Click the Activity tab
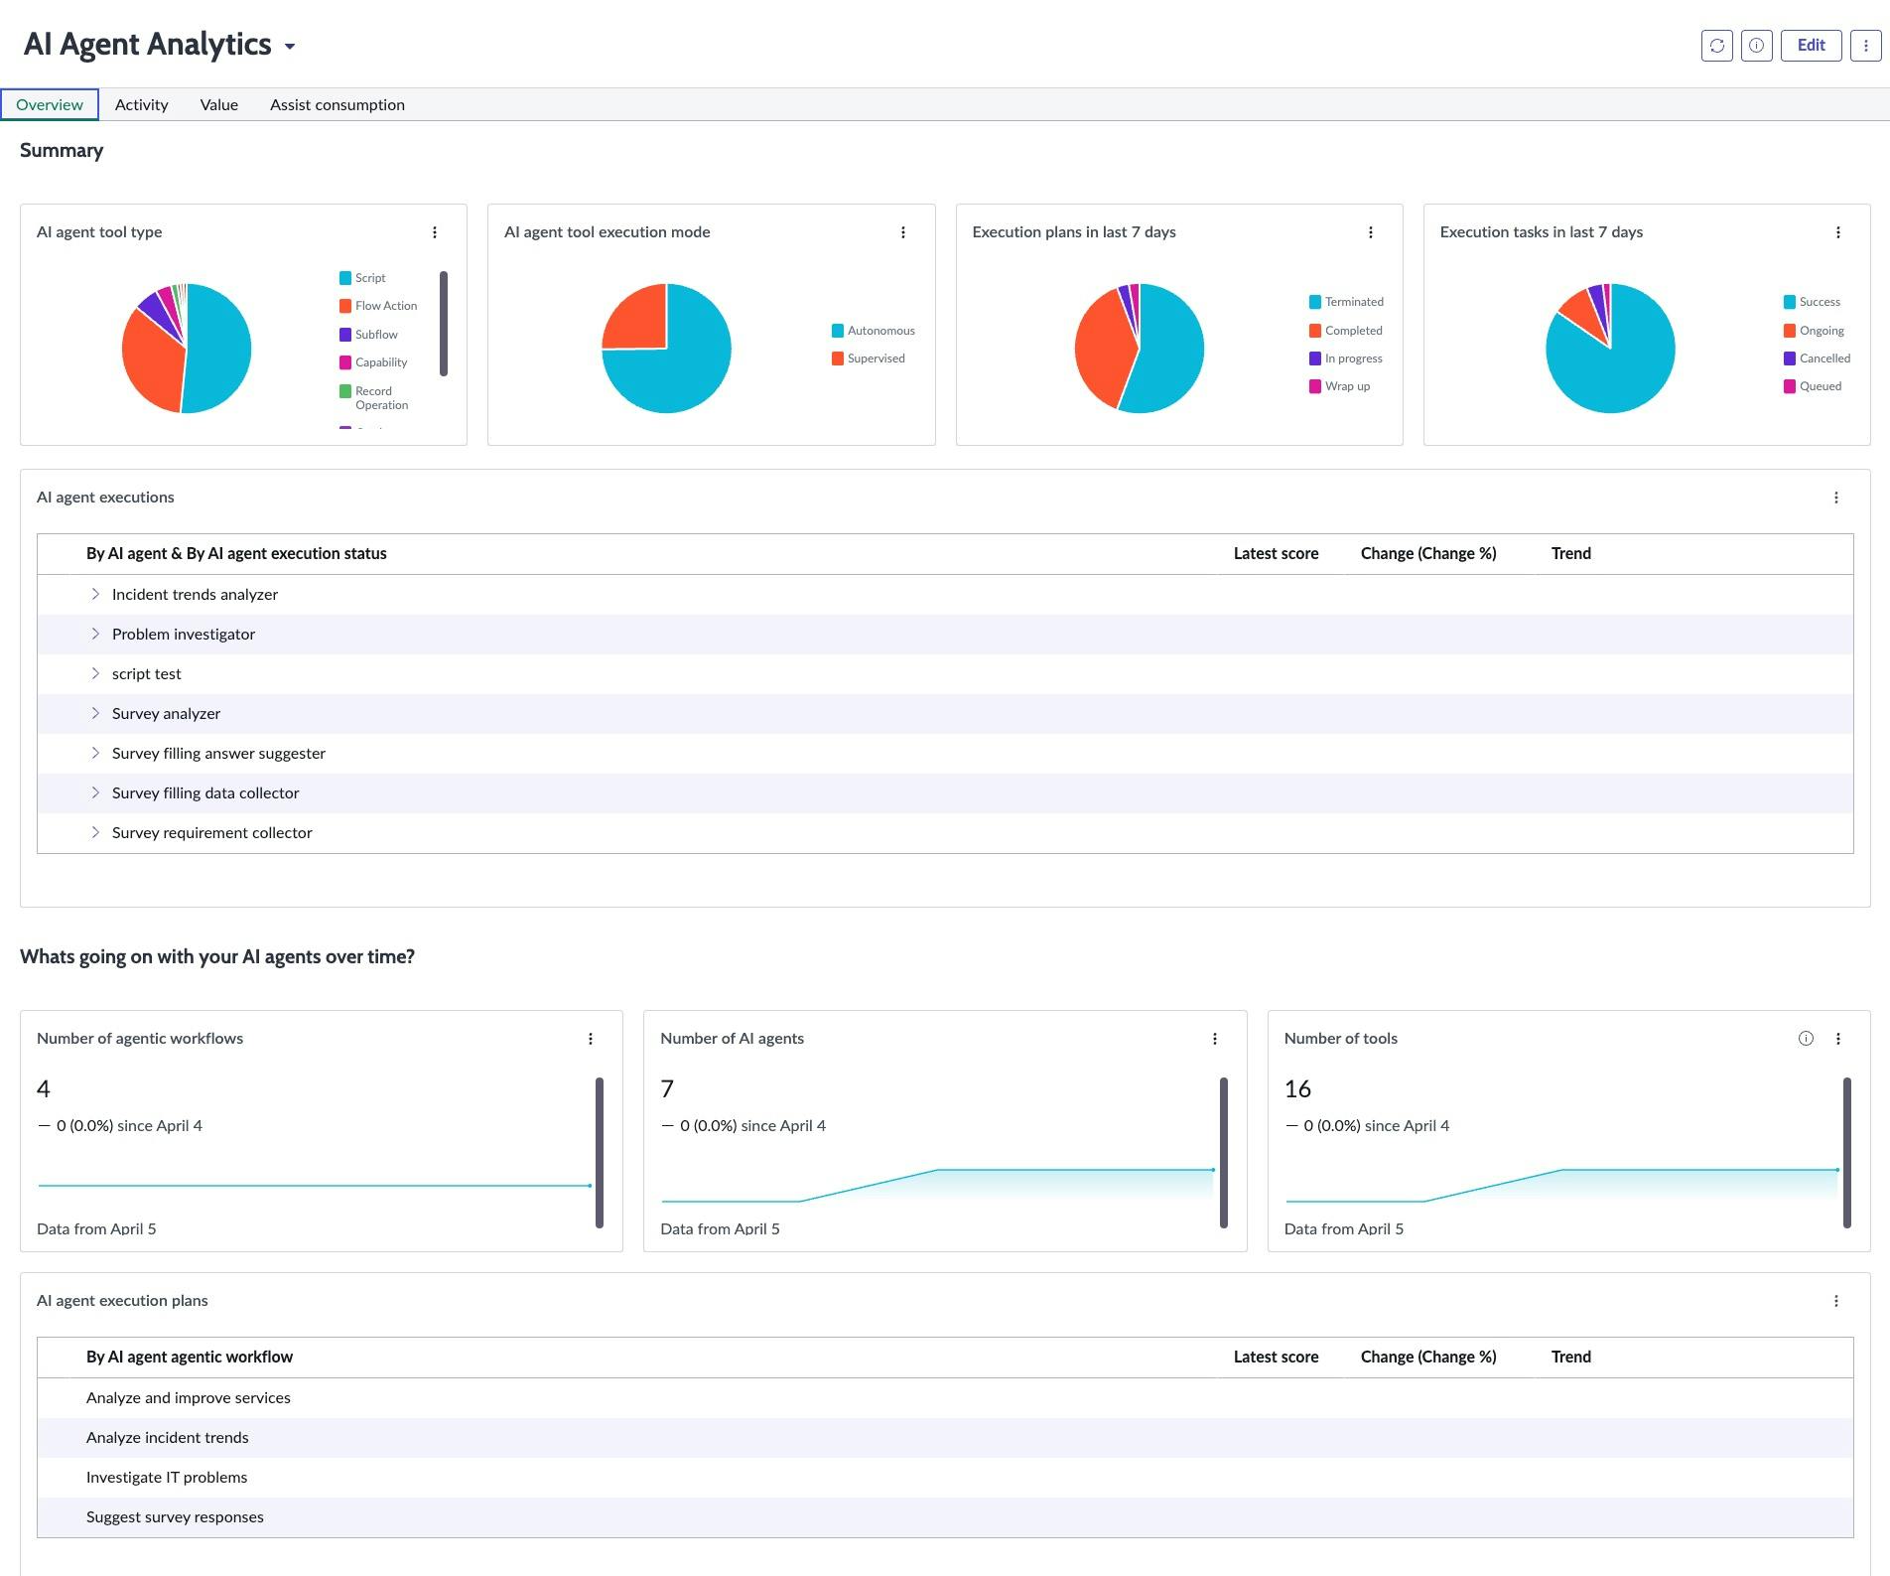pos(141,104)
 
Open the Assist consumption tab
pos(337,104)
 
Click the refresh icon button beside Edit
pos(1716,46)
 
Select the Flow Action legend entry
pos(385,306)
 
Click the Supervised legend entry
pos(875,358)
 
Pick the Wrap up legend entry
pos(1346,386)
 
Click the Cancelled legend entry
pos(1823,358)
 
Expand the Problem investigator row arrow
pos(95,634)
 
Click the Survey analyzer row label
pos(166,713)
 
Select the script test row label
pos(146,673)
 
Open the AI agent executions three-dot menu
pos(1835,498)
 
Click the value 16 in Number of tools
pos(1297,1088)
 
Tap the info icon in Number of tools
pos(1806,1039)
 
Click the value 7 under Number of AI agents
pos(667,1088)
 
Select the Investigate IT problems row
pos(167,1477)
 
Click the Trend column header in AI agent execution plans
pos(1570,1357)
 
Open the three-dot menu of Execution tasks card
pos(1837,232)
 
